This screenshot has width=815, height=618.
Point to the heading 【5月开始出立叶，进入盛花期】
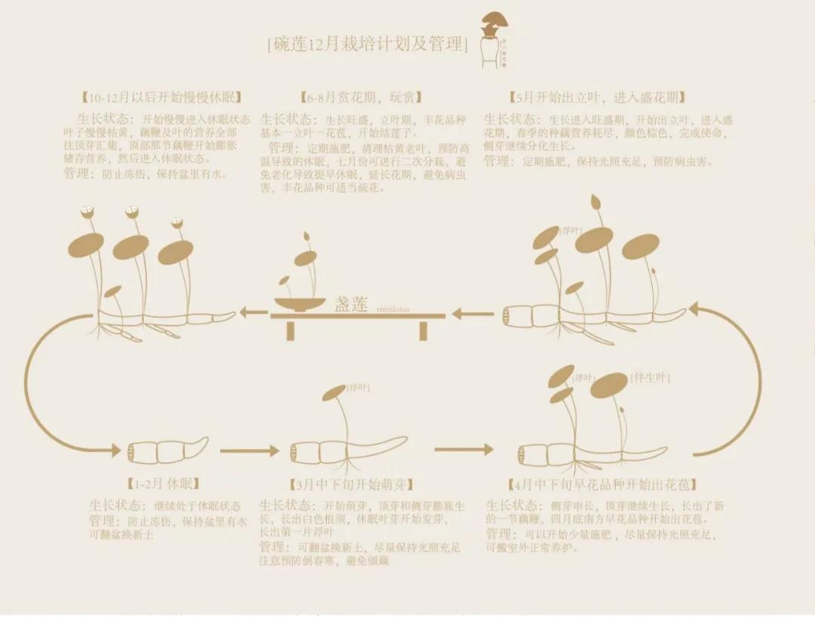click(x=597, y=98)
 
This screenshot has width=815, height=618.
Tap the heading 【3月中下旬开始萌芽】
click(x=352, y=484)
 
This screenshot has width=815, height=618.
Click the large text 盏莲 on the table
click(x=351, y=304)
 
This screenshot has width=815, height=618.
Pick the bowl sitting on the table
click(x=300, y=305)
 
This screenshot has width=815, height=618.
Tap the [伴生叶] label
click(x=650, y=377)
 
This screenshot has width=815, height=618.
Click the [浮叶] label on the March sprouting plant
click(x=358, y=388)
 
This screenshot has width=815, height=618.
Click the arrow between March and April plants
click(x=463, y=450)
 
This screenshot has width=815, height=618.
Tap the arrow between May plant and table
click(x=472, y=312)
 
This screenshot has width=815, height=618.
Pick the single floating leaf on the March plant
click(x=334, y=393)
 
